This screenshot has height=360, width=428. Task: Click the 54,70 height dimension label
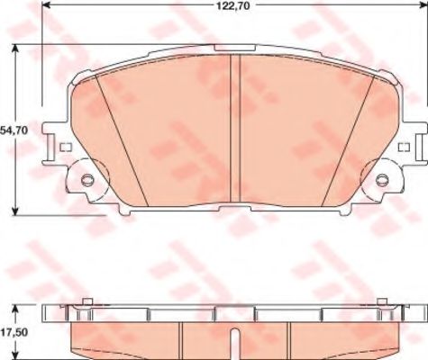tap(14, 130)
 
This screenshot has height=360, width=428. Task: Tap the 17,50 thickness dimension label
tap(14, 332)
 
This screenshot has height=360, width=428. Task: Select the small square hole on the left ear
tap(66, 147)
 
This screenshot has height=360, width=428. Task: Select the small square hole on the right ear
tap(404, 147)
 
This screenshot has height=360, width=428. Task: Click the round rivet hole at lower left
tap(87, 180)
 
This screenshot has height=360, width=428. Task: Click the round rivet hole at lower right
tap(382, 180)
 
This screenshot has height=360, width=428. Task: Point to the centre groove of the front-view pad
tap(235, 128)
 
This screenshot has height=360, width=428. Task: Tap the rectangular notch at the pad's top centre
tap(235, 48)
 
